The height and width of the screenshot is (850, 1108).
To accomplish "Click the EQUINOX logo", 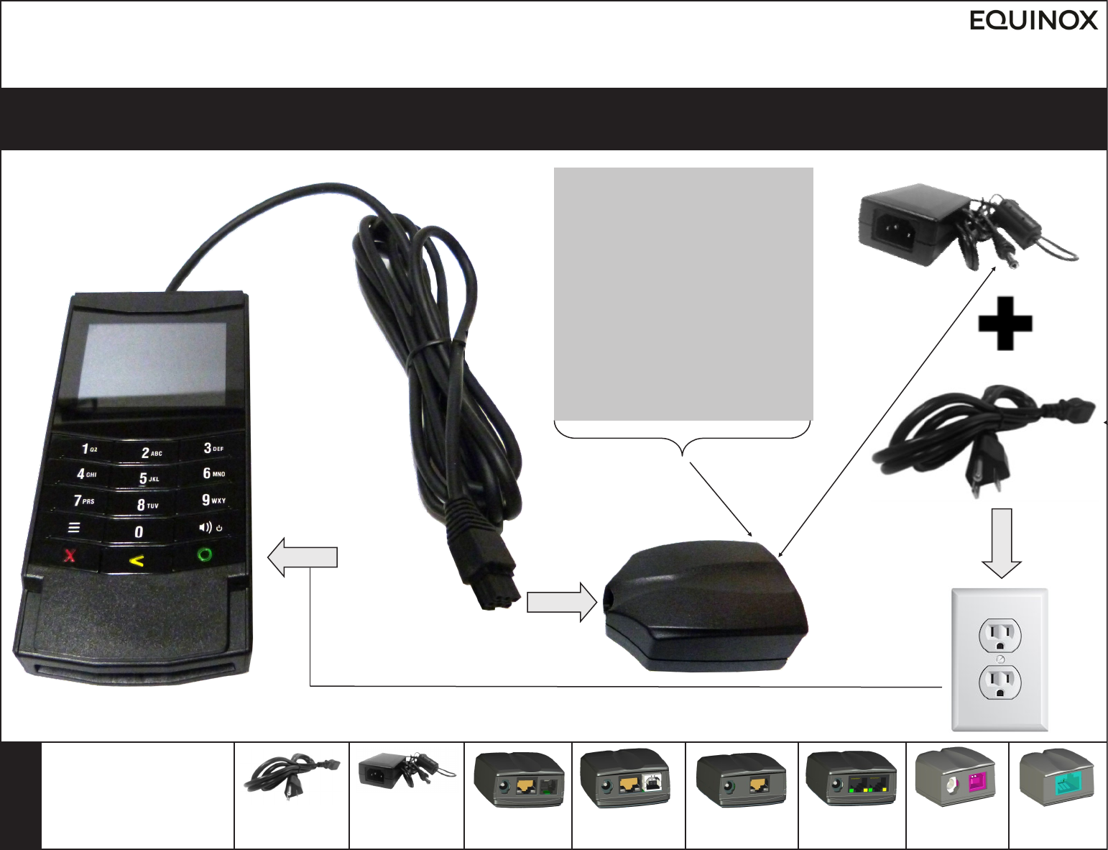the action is tap(1033, 20).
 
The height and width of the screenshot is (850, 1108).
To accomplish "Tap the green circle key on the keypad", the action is tap(205, 554).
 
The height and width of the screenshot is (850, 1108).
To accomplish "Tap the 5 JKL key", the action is tap(147, 478).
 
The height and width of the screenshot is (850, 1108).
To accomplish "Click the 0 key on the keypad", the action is tap(139, 531).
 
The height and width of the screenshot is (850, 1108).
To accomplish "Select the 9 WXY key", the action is tap(213, 500).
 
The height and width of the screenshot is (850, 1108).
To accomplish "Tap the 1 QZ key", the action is tap(88, 449).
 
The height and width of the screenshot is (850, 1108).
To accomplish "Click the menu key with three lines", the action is tap(73, 528).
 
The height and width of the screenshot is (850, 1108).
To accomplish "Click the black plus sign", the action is tap(1005, 323).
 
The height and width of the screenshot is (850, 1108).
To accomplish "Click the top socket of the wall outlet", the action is tap(999, 636).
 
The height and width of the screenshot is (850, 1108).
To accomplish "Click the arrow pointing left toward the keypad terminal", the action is tap(302, 557).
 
